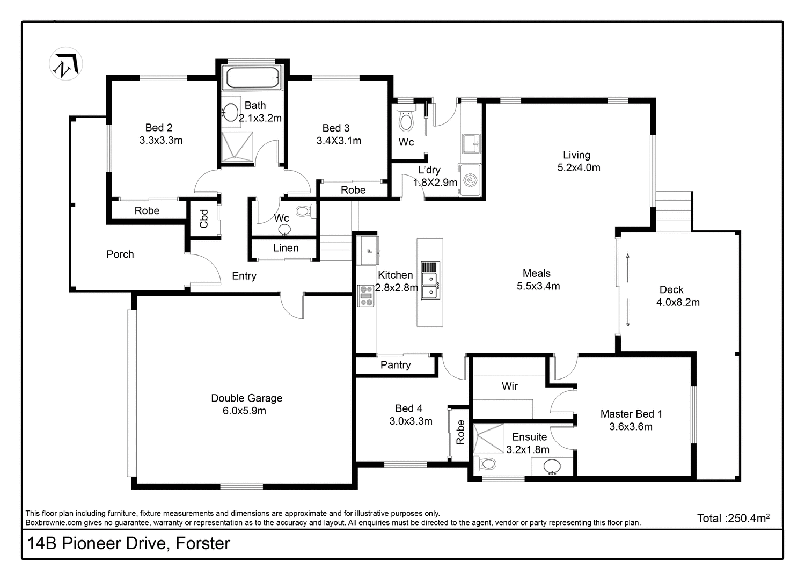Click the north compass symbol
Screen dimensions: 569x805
[65, 64]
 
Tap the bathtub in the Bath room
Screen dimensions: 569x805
[252, 78]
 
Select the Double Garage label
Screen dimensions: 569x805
[246, 398]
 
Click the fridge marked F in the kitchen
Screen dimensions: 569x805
[368, 250]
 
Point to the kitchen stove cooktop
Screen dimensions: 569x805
[367, 296]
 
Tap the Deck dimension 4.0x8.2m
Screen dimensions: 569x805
[678, 302]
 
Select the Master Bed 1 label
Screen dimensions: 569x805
[631, 414]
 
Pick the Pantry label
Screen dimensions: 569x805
[396, 365]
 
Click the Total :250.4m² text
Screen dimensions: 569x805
[733, 518]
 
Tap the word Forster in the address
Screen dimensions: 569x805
[203, 543]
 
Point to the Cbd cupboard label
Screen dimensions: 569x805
[204, 219]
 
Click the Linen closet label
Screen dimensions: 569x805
[286, 248]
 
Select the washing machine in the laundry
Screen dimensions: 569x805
[471, 180]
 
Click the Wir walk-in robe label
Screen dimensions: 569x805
[509, 386]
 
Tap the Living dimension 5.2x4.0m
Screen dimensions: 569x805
[579, 167]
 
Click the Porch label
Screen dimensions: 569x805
[120, 254]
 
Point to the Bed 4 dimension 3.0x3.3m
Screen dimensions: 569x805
[411, 421]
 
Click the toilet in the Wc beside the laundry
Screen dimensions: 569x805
[406, 120]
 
